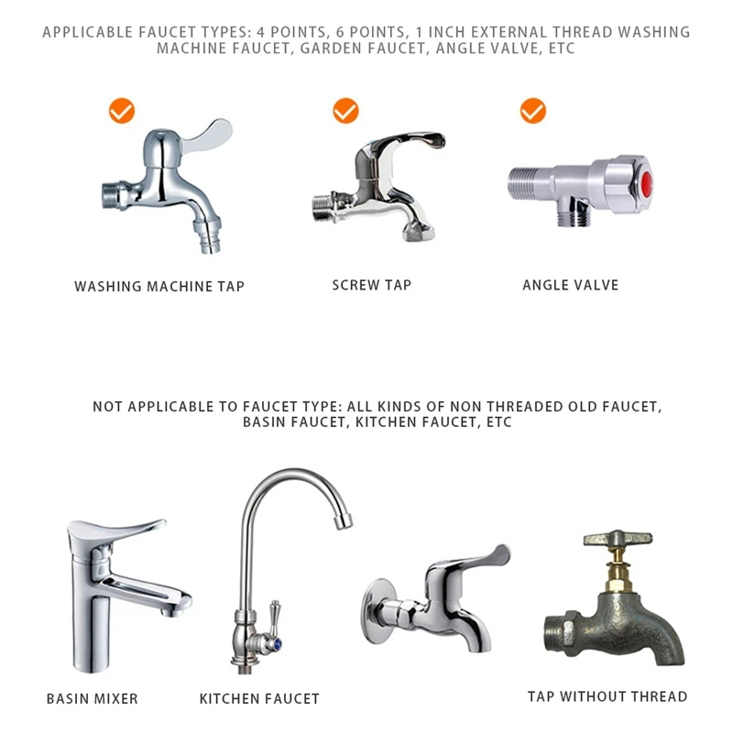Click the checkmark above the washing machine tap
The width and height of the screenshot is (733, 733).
pyautogui.click(x=121, y=112)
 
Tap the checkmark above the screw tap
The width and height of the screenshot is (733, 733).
pyautogui.click(x=345, y=112)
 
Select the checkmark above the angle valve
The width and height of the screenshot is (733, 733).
pyautogui.click(x=532, y=112)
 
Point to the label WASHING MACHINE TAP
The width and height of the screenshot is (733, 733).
pyautogui.click(x=159, y=287)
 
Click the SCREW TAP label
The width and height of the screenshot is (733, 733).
pyautogui.click(x=371, y=285)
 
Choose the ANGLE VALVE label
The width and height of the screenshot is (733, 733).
pyautogui.click(x=570, y=285)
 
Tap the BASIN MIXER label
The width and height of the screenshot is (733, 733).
pyautogui.click(x=92, y=699)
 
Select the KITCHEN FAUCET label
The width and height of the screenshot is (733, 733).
pyautogui.click(x=259, y=699)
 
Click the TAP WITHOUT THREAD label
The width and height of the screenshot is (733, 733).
pyautogui.click(x=607, y=697)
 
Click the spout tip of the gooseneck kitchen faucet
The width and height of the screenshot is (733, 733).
pyautogui.click(x=342, y=522)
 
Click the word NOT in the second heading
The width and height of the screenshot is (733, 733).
pyautogui.click(x=107, y=406)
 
